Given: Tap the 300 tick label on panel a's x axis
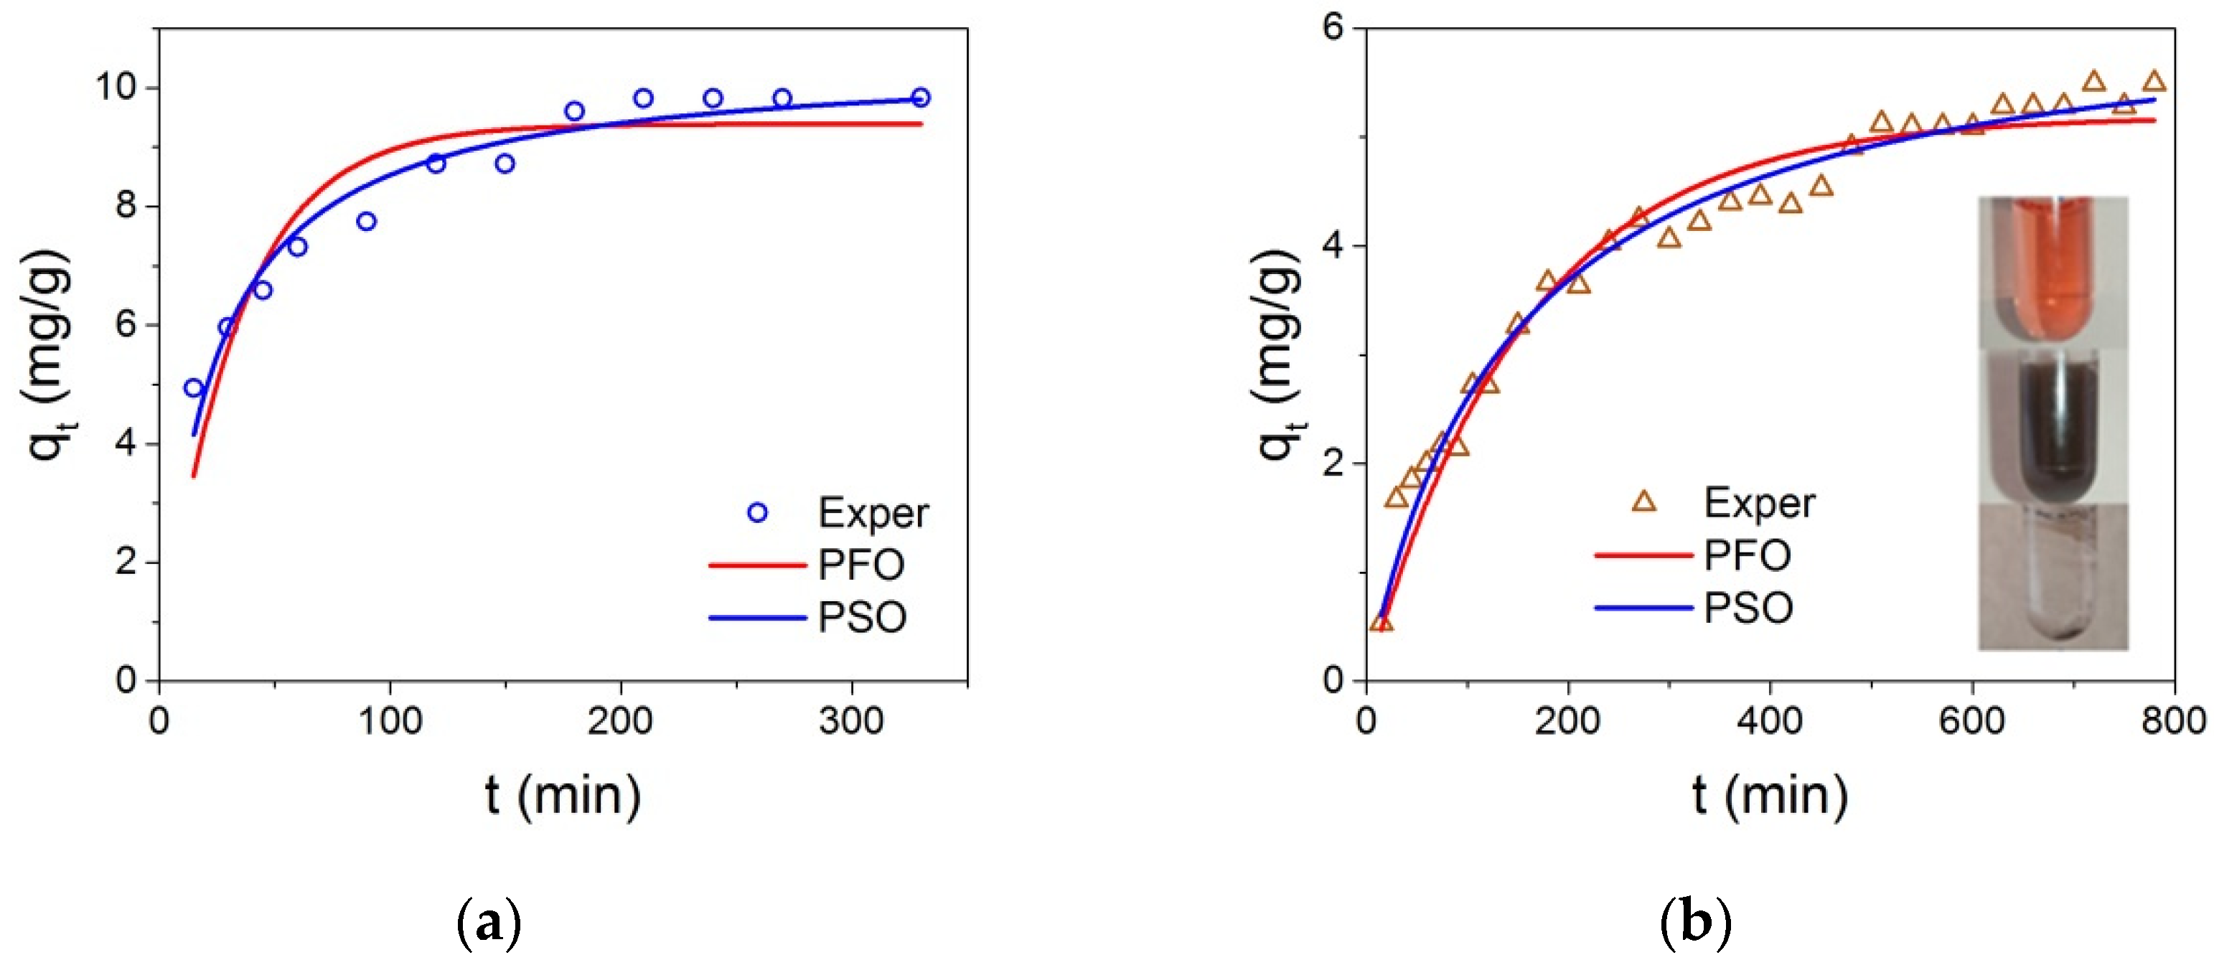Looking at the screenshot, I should coord(851,720).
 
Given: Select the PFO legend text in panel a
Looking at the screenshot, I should coord(861,565).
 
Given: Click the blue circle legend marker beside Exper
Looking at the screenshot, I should coord(757,513).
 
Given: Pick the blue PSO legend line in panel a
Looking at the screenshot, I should coord(757,617).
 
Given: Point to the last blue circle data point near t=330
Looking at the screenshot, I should coord(921,97).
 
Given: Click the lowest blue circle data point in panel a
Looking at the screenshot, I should coord(193,388).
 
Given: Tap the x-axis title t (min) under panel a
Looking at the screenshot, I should coord(563,795).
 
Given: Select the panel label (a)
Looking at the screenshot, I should coord(489,922).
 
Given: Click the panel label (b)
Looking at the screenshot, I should coord(1695,922).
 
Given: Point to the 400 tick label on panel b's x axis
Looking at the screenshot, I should coord(1769,720).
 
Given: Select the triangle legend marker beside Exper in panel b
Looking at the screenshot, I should coord(1643,502).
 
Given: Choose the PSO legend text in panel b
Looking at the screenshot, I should coord(1748,608).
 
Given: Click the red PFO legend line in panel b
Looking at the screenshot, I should coord(1643,555).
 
